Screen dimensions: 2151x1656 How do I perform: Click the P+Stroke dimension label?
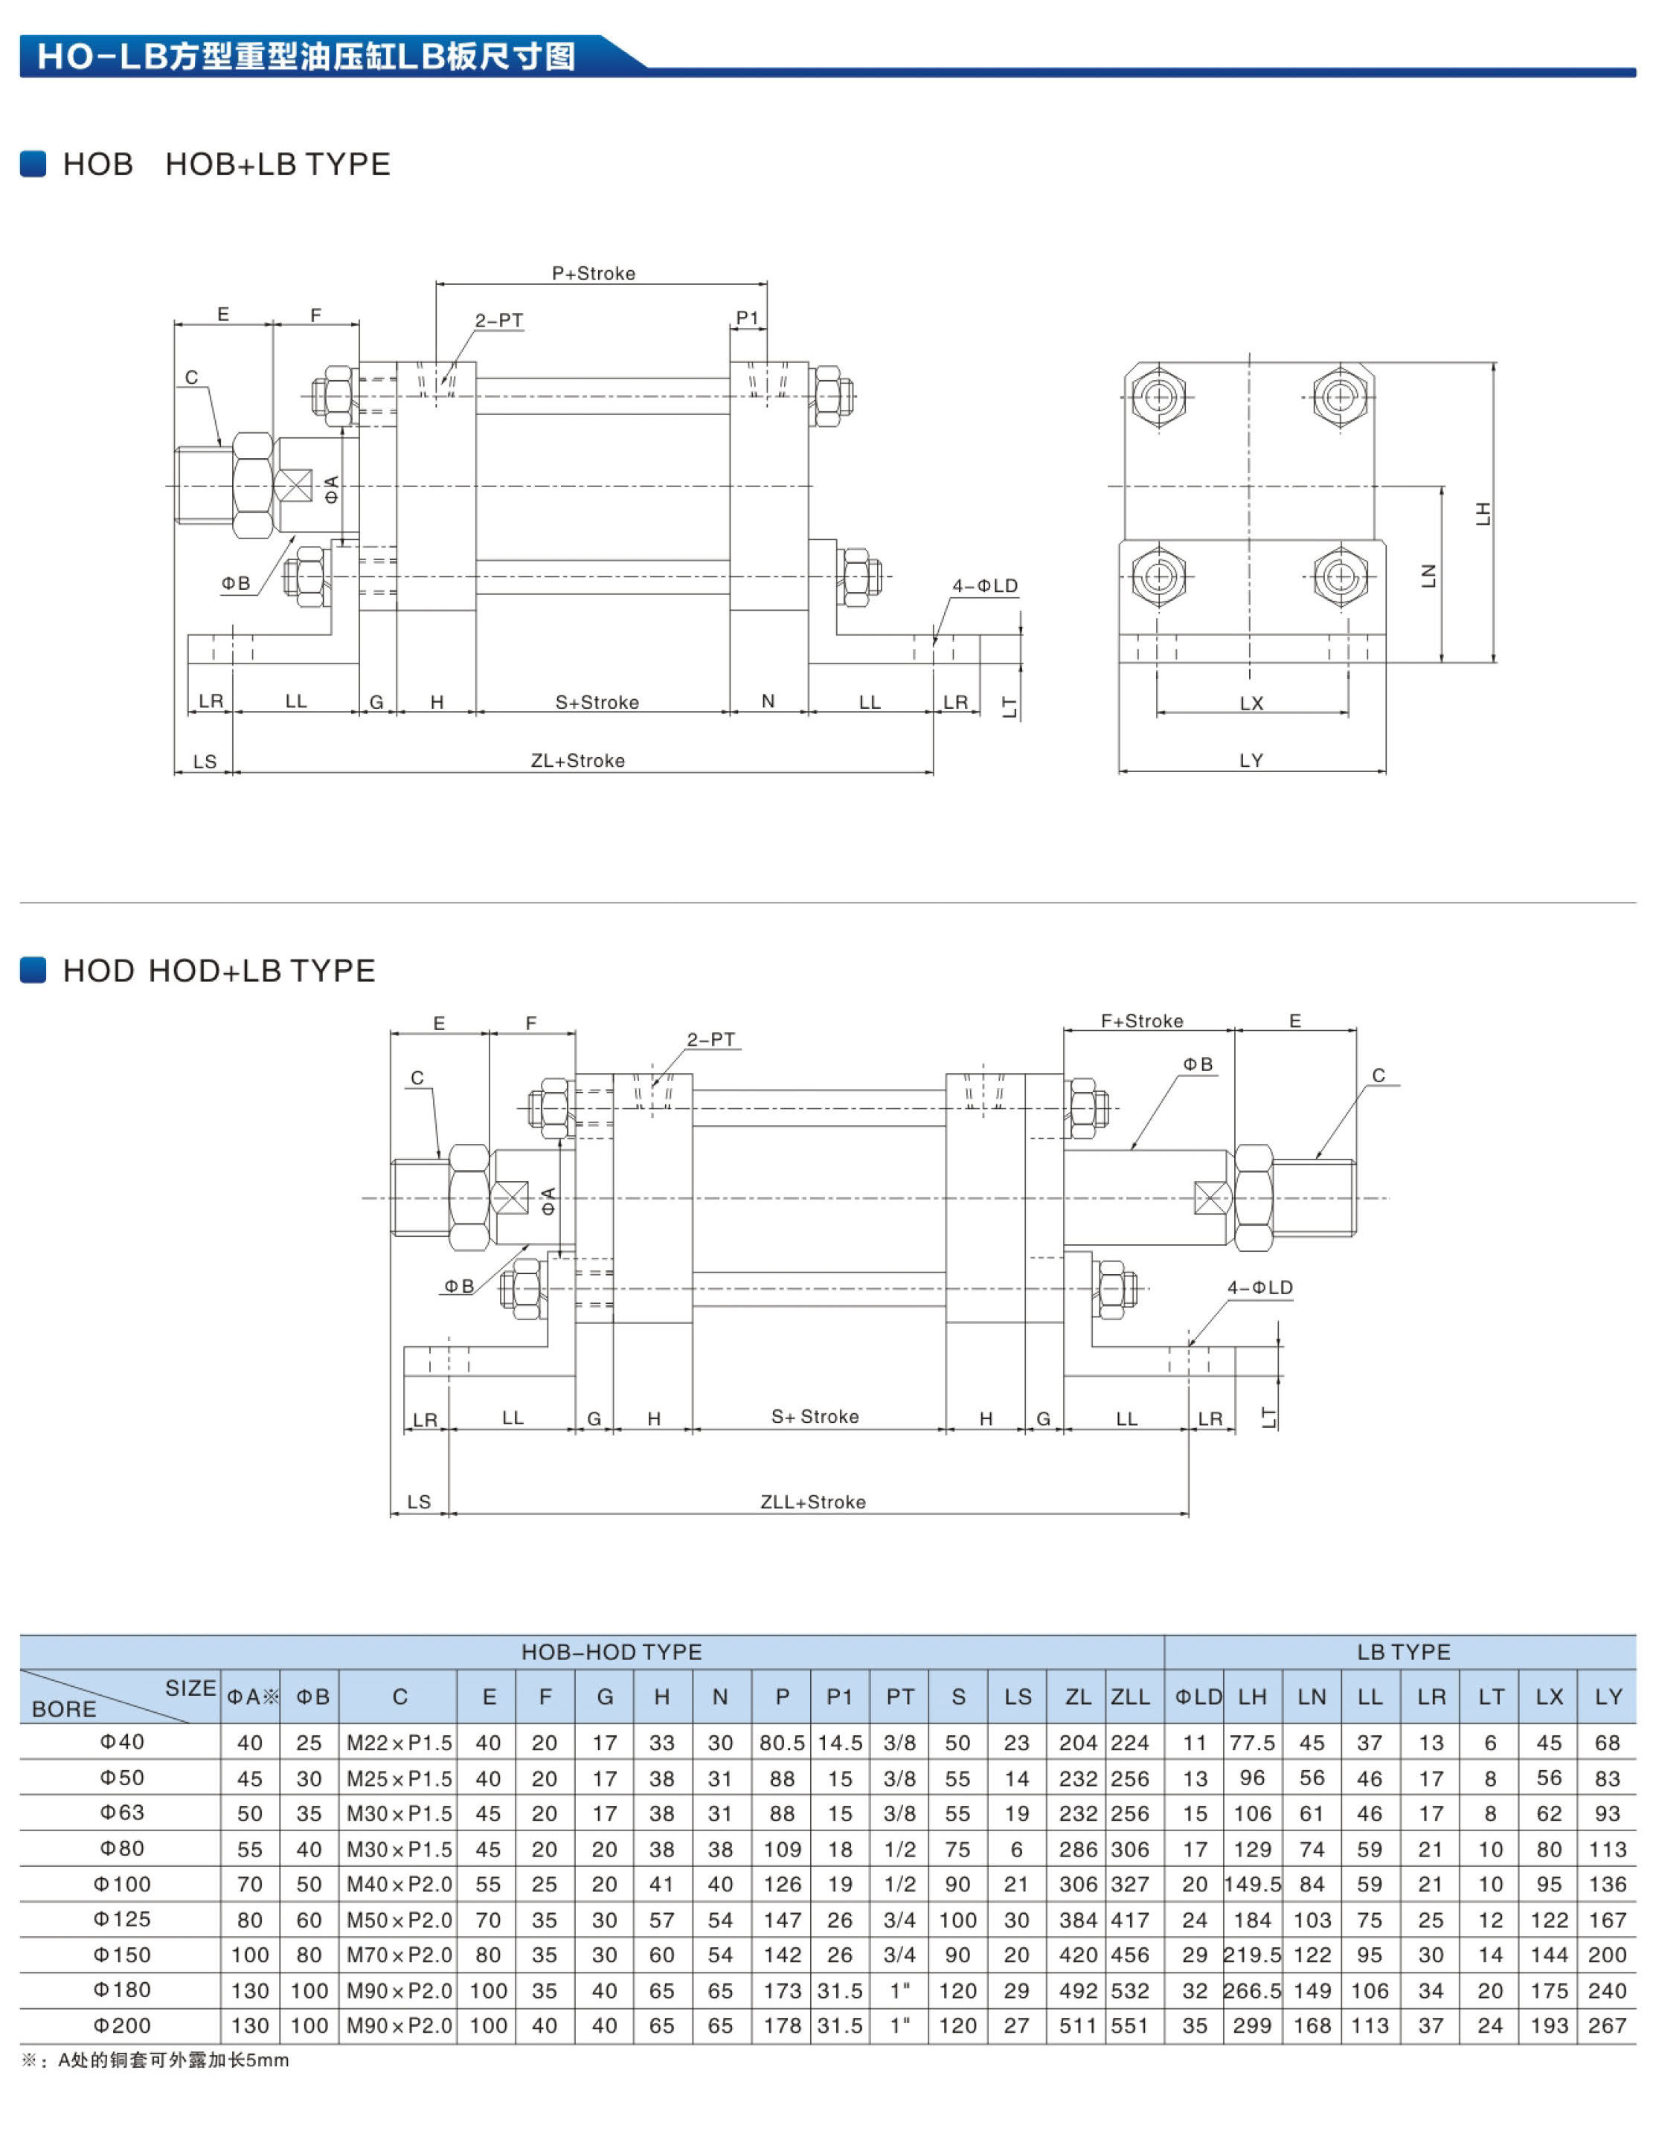click(593, 273)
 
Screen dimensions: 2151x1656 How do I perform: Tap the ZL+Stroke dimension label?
click(577, 760)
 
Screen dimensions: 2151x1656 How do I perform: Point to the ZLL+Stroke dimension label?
click(812, 1502)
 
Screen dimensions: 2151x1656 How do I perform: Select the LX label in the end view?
click(1251, 703)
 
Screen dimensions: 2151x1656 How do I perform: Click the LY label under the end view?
click(1251, 760)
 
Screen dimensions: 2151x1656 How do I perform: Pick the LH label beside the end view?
click(1483, 513)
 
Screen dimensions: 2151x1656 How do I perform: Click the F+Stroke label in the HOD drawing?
click(1142, 1021)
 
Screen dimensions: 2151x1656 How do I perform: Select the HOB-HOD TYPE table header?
click(611, 1652)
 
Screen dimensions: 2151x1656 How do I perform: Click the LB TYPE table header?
click(1403, 1652)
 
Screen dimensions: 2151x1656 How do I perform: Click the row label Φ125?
click(122, 1918)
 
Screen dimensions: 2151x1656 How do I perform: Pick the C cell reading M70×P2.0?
click(399, 1955)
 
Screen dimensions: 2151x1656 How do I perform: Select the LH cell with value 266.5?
click(1252, 1990)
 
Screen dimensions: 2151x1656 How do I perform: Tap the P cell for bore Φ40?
click(781, 1742)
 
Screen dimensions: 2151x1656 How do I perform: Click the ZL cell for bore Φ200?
click(1078, 2026)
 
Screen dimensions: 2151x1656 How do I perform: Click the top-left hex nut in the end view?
click(1158, 397)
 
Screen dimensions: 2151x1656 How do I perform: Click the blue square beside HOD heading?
click(33, 970)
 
